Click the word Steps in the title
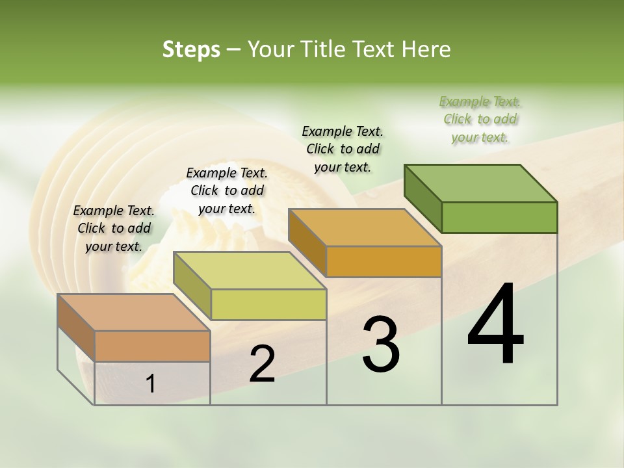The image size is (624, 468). point(191,49)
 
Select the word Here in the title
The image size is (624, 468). point(427,49)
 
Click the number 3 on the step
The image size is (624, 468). point(380,344)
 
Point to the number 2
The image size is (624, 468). point(262,364)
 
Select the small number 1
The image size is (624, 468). point(151,384)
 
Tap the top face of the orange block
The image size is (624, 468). point(365,227)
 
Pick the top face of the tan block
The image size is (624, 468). point(134,313)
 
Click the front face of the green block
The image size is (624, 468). point(499,217)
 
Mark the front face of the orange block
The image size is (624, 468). point(383,261)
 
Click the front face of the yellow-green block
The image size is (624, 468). point(268,304)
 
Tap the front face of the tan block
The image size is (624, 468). point(152,346)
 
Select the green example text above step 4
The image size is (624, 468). point(480,120)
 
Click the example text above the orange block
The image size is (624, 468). point(343,149)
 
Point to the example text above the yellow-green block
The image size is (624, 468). point(227,190)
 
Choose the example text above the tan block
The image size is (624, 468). point(114,228)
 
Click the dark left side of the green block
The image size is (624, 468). point(422,198)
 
